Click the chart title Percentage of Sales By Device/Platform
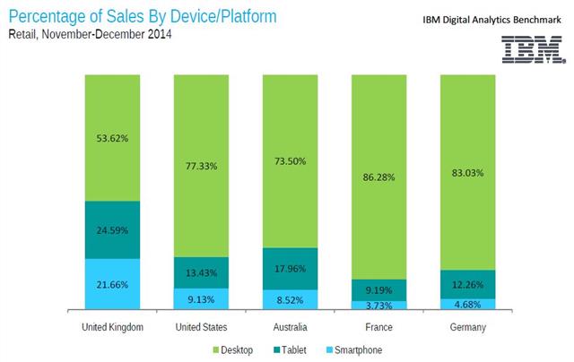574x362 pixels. (x=142, y=16)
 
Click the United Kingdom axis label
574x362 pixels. (x=112, y=329)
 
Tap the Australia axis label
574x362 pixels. (x=289, y=329)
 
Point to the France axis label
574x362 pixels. (x=378, y=329)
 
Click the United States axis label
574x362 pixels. (x=201, y=329)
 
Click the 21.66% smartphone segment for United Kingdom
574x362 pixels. (x=112, y=285)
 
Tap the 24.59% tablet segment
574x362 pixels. (x=112, y=229)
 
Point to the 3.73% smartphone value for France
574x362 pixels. (x=378, y=306)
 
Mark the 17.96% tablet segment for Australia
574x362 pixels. (x=289, y=268)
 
